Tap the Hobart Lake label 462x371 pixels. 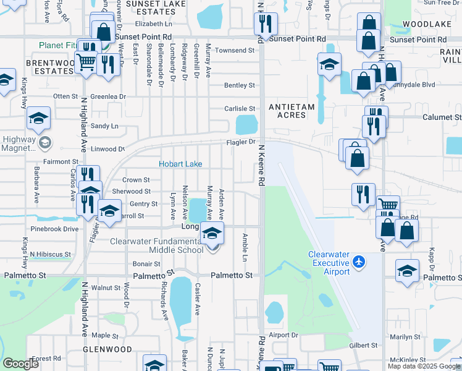(181, 164)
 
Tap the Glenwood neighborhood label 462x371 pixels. (109, 349)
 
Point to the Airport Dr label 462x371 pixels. (283, 335)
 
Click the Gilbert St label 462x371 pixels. (363, 345)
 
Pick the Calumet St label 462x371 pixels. (441, 117)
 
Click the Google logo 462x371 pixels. (21, 364)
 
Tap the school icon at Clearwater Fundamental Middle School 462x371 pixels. (212, 234)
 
